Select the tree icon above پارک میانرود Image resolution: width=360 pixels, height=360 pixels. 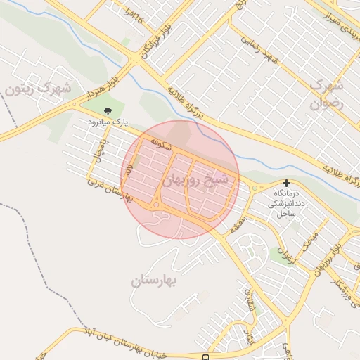(108, 111)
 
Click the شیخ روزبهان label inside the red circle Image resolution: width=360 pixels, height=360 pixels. (196, 181)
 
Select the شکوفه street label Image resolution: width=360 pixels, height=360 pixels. (161, 145)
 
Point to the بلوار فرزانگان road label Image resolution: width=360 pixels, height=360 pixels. (147, 38)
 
